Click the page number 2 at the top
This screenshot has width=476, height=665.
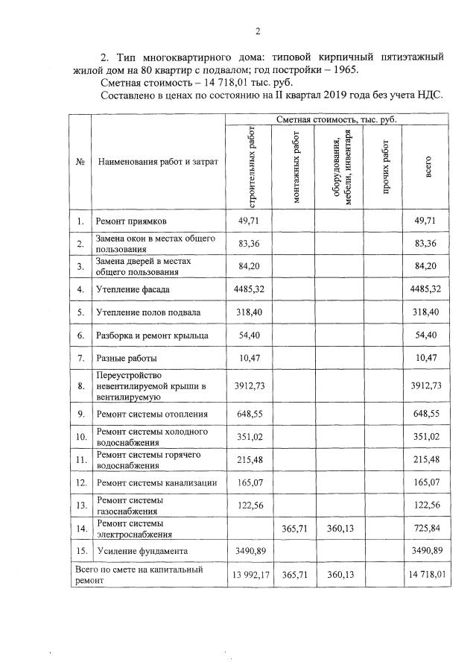pyautogui.click(x=257, y=31)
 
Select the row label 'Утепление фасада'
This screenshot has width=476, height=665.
pyautogui.click(x=133, y=289)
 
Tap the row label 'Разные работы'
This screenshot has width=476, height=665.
pyautogui.click(x=125, y=359)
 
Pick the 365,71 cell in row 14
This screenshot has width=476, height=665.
pyautogui.click(x=292, y=529)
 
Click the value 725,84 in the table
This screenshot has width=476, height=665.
pyautogui.click(x=428, y=529)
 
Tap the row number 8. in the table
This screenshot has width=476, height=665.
pyautogui.click(x=79, y=386)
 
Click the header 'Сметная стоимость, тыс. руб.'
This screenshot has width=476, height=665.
pyautogui.click(x=336, y=119)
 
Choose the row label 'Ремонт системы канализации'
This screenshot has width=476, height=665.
pyautogui.click(x=156, y=483)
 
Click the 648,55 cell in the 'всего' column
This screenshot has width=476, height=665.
pyautogui.click(x=428, y=414)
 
